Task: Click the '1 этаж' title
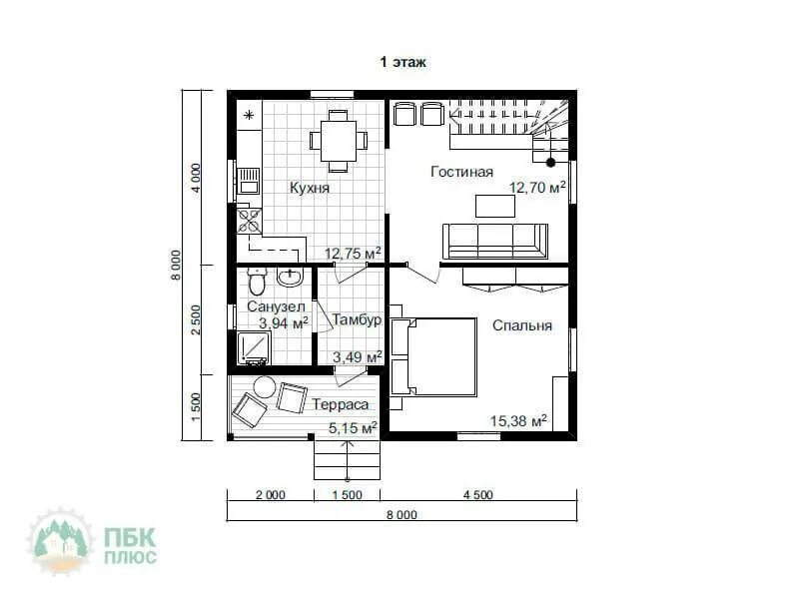(402, 62)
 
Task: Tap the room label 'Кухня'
(310, 188)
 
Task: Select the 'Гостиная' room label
(461, 172)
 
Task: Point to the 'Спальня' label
(521, 325)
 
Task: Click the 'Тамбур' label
(357, 319)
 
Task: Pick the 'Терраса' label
(340, 404)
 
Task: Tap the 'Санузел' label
(276, 306)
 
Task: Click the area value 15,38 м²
(518, 420)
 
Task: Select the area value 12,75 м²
(354, 254)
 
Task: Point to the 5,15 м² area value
(353, 428)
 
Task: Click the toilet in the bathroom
(257, 282)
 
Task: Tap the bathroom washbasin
(290, 277)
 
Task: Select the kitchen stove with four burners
(249, 221)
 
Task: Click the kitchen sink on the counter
(249, 181)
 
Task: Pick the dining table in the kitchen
(339, 141)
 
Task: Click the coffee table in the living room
(495, 206)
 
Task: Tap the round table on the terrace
(265, 387)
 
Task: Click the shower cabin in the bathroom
(254, 348)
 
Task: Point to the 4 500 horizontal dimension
(478, 494)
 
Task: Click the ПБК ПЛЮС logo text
(131, 546)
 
